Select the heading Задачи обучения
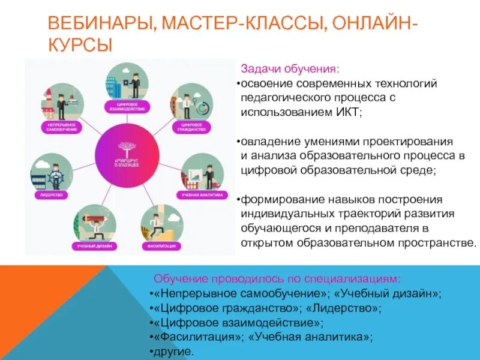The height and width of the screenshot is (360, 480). click(x=290, y=68)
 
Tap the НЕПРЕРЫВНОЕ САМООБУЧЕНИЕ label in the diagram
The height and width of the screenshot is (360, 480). click(x=60, y=127)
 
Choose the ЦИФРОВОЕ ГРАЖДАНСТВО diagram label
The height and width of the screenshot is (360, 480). click(x=193, y=127)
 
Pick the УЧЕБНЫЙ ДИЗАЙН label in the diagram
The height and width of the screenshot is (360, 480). click(x=94, y=246)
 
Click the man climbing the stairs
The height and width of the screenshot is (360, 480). click(x=157, y=224)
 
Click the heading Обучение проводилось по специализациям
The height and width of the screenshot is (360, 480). click(x=277, y=279)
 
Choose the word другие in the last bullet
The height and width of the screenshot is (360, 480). click(x=173, y=351)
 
